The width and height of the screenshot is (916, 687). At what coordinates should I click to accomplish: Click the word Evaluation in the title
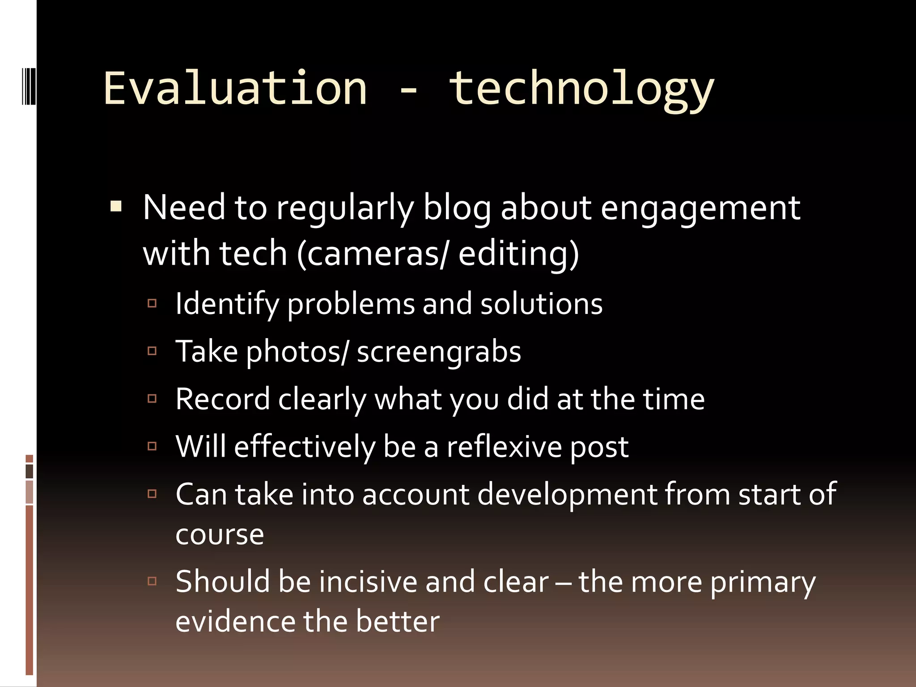pyautogui.click(x=235, y=88)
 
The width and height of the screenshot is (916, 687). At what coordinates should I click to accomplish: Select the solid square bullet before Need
pyautogui.click(x=116, y=207)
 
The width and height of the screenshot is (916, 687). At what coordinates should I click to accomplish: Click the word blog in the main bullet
pyautogui.click(x=457, y=208)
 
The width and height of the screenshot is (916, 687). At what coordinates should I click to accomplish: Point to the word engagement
pyautogui.click(x=700, y=209)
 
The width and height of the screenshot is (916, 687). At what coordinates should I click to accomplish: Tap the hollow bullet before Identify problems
pyautogui.click(x=152, y=304)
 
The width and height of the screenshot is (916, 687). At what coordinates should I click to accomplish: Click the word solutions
pyautogui.click(x=541, y=304)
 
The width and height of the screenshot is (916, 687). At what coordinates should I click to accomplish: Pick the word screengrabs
pyautogui.click(x=439, y=352)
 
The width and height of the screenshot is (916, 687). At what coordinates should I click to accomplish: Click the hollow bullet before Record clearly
pyautogui.click(x=152, y=399)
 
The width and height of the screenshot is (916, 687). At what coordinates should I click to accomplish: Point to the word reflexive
pyautogui.click(x=504, y=447)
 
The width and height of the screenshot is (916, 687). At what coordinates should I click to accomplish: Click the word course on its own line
pyautogui.click(x=220, y=535)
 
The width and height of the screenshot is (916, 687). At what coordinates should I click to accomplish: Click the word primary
pyautogui.click(x=763, y=583)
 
